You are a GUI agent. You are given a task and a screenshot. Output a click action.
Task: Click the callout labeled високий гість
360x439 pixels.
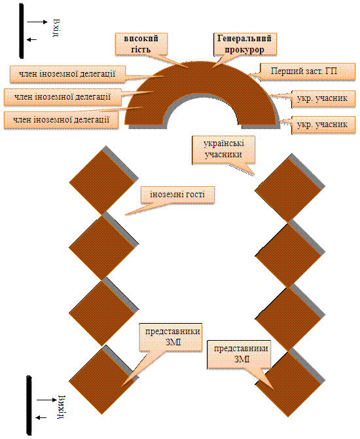click(141, 44)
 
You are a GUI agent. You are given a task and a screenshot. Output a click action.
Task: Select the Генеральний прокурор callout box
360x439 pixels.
click(245, 44)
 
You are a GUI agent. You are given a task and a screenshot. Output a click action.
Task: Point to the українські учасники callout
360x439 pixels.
click(223, 149)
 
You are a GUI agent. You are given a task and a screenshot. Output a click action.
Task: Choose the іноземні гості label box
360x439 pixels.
click(177, 195)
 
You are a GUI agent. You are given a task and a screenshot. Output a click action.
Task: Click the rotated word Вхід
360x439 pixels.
click(56, 28)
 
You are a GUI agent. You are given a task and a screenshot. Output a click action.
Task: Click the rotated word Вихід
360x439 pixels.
click(62, 407)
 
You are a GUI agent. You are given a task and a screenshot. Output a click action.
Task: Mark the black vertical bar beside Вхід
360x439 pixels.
click(21, 31)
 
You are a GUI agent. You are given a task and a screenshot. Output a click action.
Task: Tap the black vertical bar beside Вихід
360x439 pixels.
click(29, 406)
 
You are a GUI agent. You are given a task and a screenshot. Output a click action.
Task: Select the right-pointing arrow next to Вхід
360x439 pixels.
click(37, 22)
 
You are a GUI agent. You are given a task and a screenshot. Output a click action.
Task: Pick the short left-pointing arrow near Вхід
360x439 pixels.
click(31, 40)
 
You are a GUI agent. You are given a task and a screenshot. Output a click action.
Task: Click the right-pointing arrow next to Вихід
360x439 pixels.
click(46, 400)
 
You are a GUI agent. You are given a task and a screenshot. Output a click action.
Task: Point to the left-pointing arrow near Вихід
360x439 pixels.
click(41, 418)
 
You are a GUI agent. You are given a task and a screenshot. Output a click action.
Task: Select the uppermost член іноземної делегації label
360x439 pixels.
click(67, 74)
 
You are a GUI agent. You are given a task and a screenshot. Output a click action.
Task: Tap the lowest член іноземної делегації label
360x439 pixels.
click(62, 120)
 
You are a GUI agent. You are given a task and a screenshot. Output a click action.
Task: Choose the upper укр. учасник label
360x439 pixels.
click(323, 98)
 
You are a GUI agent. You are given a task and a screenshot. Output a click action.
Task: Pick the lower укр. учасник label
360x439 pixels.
click(323, 124)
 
